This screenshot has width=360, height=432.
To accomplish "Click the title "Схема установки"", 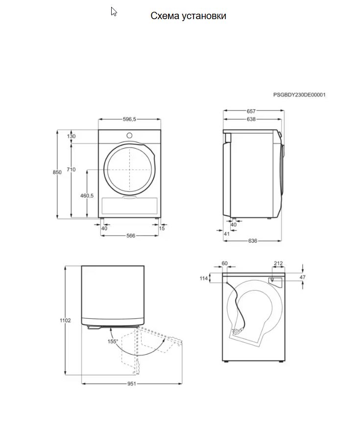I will (188, 16).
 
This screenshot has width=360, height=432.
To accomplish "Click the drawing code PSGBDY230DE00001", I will (299, 95).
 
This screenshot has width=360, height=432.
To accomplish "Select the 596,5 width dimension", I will (129, 119).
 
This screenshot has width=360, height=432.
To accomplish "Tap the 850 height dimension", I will (57, 172).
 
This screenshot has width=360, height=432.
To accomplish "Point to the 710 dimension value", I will (71, 169).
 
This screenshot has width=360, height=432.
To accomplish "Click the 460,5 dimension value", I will (87, 196).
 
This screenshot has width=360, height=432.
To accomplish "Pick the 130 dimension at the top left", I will (72, 136).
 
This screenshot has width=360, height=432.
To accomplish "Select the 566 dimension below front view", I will (131, 236).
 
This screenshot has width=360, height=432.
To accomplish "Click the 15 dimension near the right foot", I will (162, 228).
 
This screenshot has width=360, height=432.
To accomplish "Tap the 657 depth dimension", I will (251, 111).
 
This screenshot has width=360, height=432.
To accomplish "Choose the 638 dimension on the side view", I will (251, 119).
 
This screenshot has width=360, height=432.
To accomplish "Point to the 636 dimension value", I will (252, 241).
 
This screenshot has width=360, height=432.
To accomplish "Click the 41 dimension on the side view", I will (226, 234).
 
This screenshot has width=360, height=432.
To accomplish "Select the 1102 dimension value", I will (65, 320).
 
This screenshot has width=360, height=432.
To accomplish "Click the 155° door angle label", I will (113, 341).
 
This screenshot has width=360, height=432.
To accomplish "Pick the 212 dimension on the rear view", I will (278, 264).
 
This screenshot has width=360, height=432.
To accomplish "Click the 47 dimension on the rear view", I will (302, 277).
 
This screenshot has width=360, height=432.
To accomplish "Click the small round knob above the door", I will (129, 135).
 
